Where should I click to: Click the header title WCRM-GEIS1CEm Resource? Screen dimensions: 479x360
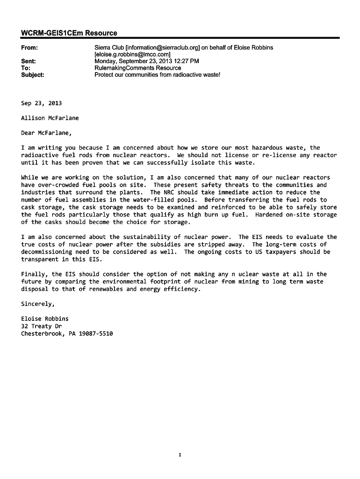69,33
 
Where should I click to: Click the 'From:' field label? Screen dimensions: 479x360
29,48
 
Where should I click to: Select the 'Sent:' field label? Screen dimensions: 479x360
29,61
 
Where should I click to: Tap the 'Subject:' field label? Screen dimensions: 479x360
33,74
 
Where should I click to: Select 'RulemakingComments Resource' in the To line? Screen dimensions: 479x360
137,68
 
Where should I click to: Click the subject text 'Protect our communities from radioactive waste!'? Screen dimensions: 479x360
157,74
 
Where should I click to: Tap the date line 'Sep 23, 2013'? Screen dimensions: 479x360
41,103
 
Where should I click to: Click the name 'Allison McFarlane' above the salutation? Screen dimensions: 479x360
50,118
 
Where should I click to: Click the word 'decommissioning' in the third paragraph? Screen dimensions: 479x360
46,252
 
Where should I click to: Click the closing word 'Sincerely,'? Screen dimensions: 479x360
38,304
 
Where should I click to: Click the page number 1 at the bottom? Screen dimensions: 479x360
180,454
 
